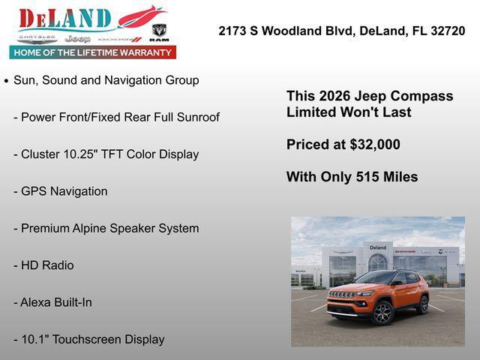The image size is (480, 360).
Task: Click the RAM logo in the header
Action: tap(159, 33)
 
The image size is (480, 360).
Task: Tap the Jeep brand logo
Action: tap(77, 38)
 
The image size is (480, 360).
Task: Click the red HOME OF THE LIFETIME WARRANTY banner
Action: tap(93, 52)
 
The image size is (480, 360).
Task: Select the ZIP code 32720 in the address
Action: tap(448, 31)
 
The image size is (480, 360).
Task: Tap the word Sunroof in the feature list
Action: tap(196, 117)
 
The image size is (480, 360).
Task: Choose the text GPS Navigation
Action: tap(64, 191)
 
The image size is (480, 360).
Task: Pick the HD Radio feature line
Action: tap(47, 265)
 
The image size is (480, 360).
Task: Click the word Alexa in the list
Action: tap(37, 302)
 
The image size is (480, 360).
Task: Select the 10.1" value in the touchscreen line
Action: tap(37, 339)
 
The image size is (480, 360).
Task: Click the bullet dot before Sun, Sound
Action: tap(7, 80)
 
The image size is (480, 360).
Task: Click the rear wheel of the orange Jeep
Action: tap(423, 304)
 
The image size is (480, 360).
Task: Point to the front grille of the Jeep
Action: tap(341, 295)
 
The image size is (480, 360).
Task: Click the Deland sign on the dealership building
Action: tap(378, 247)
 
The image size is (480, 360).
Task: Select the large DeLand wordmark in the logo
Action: tap(66, 19)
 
